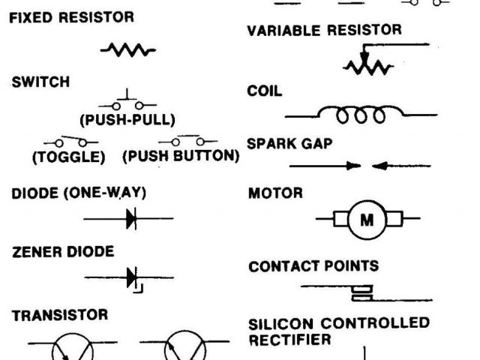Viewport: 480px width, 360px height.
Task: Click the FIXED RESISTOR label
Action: [72, 16]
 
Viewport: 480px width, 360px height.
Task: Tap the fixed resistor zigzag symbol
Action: [127, 50]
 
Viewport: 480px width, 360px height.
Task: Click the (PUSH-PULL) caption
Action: [127, 119]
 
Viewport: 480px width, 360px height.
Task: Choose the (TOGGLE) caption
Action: [67, 157]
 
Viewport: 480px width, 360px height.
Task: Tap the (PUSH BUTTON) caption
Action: [180, 157]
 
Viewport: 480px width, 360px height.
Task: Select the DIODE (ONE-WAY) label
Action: [79, 193]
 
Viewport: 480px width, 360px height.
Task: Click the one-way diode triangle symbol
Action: [131, 219]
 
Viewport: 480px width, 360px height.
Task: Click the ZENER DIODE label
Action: [63, 252]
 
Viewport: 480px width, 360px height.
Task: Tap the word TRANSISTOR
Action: [60, 315]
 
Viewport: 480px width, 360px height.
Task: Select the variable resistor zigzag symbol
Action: [368, 67]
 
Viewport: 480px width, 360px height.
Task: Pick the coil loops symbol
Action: [360, 115]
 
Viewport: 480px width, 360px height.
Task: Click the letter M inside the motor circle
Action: [367, 220]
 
